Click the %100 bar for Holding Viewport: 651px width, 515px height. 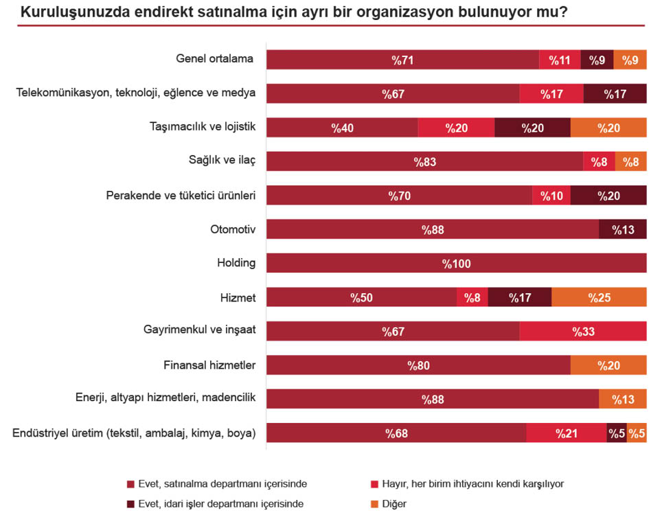(x=456, y=263)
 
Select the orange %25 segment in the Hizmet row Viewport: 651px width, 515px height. (x=599, y=297)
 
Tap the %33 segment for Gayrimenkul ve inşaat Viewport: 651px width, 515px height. (x=583, y=331)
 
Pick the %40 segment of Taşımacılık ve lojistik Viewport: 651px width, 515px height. (x=342, y=128)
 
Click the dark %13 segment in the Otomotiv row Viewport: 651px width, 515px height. (x=623, y=229)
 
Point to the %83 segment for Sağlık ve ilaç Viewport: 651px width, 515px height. (x=424, y=161)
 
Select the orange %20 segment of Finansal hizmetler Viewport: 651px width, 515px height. (x=608, y=365)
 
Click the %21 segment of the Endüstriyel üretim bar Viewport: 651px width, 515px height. (x=566, y=433)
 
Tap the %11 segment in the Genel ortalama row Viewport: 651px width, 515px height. (x=560, y=60)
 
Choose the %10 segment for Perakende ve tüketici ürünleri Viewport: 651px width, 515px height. (x=551, y=196)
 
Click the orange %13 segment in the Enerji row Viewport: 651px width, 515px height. (x=623, y=399)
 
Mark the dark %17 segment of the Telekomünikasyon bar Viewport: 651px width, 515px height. (x=615, y=94)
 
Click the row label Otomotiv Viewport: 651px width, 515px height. (x=233, y=229)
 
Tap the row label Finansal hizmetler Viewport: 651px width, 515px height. (x=209, y=365)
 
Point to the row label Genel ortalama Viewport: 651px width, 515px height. (x=214, y=59)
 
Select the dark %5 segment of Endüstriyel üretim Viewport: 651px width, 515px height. (x=616, y=433)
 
